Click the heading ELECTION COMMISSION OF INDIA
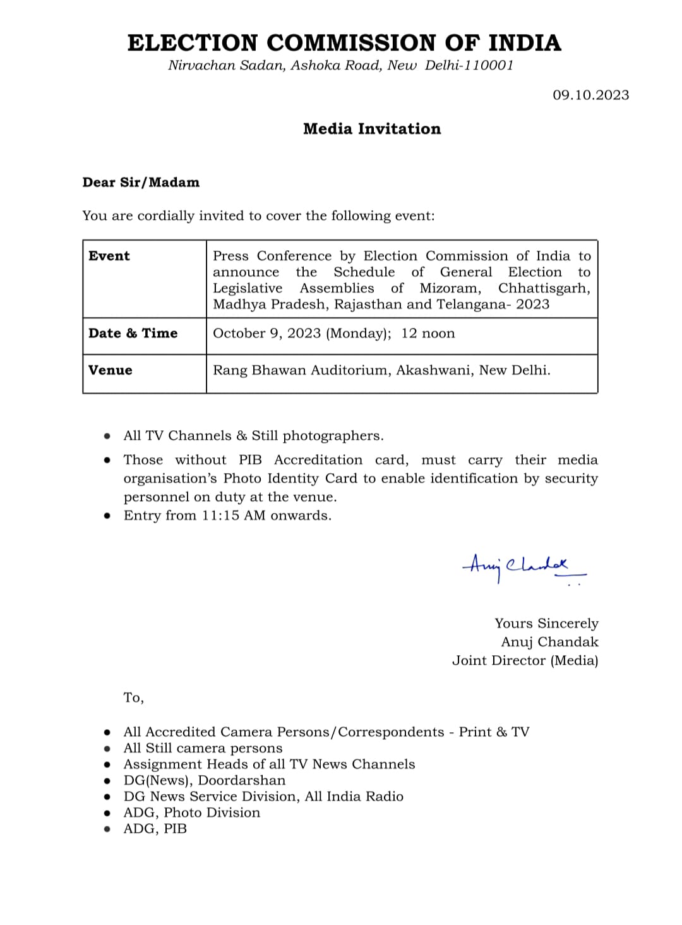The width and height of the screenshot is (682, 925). click(x=344, y=43)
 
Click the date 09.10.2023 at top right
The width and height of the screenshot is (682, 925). click(x=590, y=95)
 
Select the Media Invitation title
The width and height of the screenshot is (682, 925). click(x=372, y=129)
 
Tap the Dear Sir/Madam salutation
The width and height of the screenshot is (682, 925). click(x=141, y=183)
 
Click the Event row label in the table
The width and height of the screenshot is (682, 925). click(x=109, y=256)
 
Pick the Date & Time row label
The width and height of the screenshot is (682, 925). click(x=133, y=334)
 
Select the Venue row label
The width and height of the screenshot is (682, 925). click(x=111, y=370)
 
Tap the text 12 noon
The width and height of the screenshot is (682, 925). click(x=428, y=334)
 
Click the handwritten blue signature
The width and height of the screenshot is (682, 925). click(x=518, y=566)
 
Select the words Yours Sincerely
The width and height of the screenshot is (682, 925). click(x=546, y=624)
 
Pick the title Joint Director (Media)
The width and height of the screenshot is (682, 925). click(x=525, y=661)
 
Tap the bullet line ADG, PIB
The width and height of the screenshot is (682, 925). click(x=155, y=829)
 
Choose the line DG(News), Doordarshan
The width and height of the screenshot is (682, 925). click(x=205, y=781)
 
